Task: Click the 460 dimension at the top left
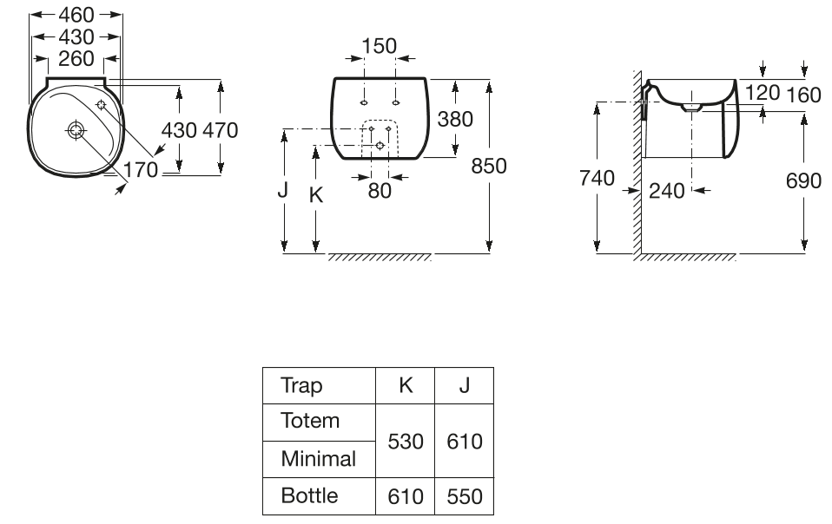pos(76,15)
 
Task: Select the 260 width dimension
pos(76,59)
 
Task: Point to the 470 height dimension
pos(220,130)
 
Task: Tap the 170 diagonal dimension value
pos(141,170)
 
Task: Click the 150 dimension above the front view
pos(379,46)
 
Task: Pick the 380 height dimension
pos(455,119)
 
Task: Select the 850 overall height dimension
pos(489,165)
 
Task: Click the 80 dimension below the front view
pos(380,191)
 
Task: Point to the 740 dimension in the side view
pos(597,179)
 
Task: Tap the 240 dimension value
pos(667,191)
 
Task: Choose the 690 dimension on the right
pos(803,180)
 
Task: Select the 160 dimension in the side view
pos(803,95)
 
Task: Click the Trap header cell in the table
pos(301,385)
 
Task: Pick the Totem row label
pos(310,421)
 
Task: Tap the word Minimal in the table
pos(318,458)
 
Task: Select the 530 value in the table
pos(406,441)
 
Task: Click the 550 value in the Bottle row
pos(465,496)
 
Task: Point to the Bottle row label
pos(309,495)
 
